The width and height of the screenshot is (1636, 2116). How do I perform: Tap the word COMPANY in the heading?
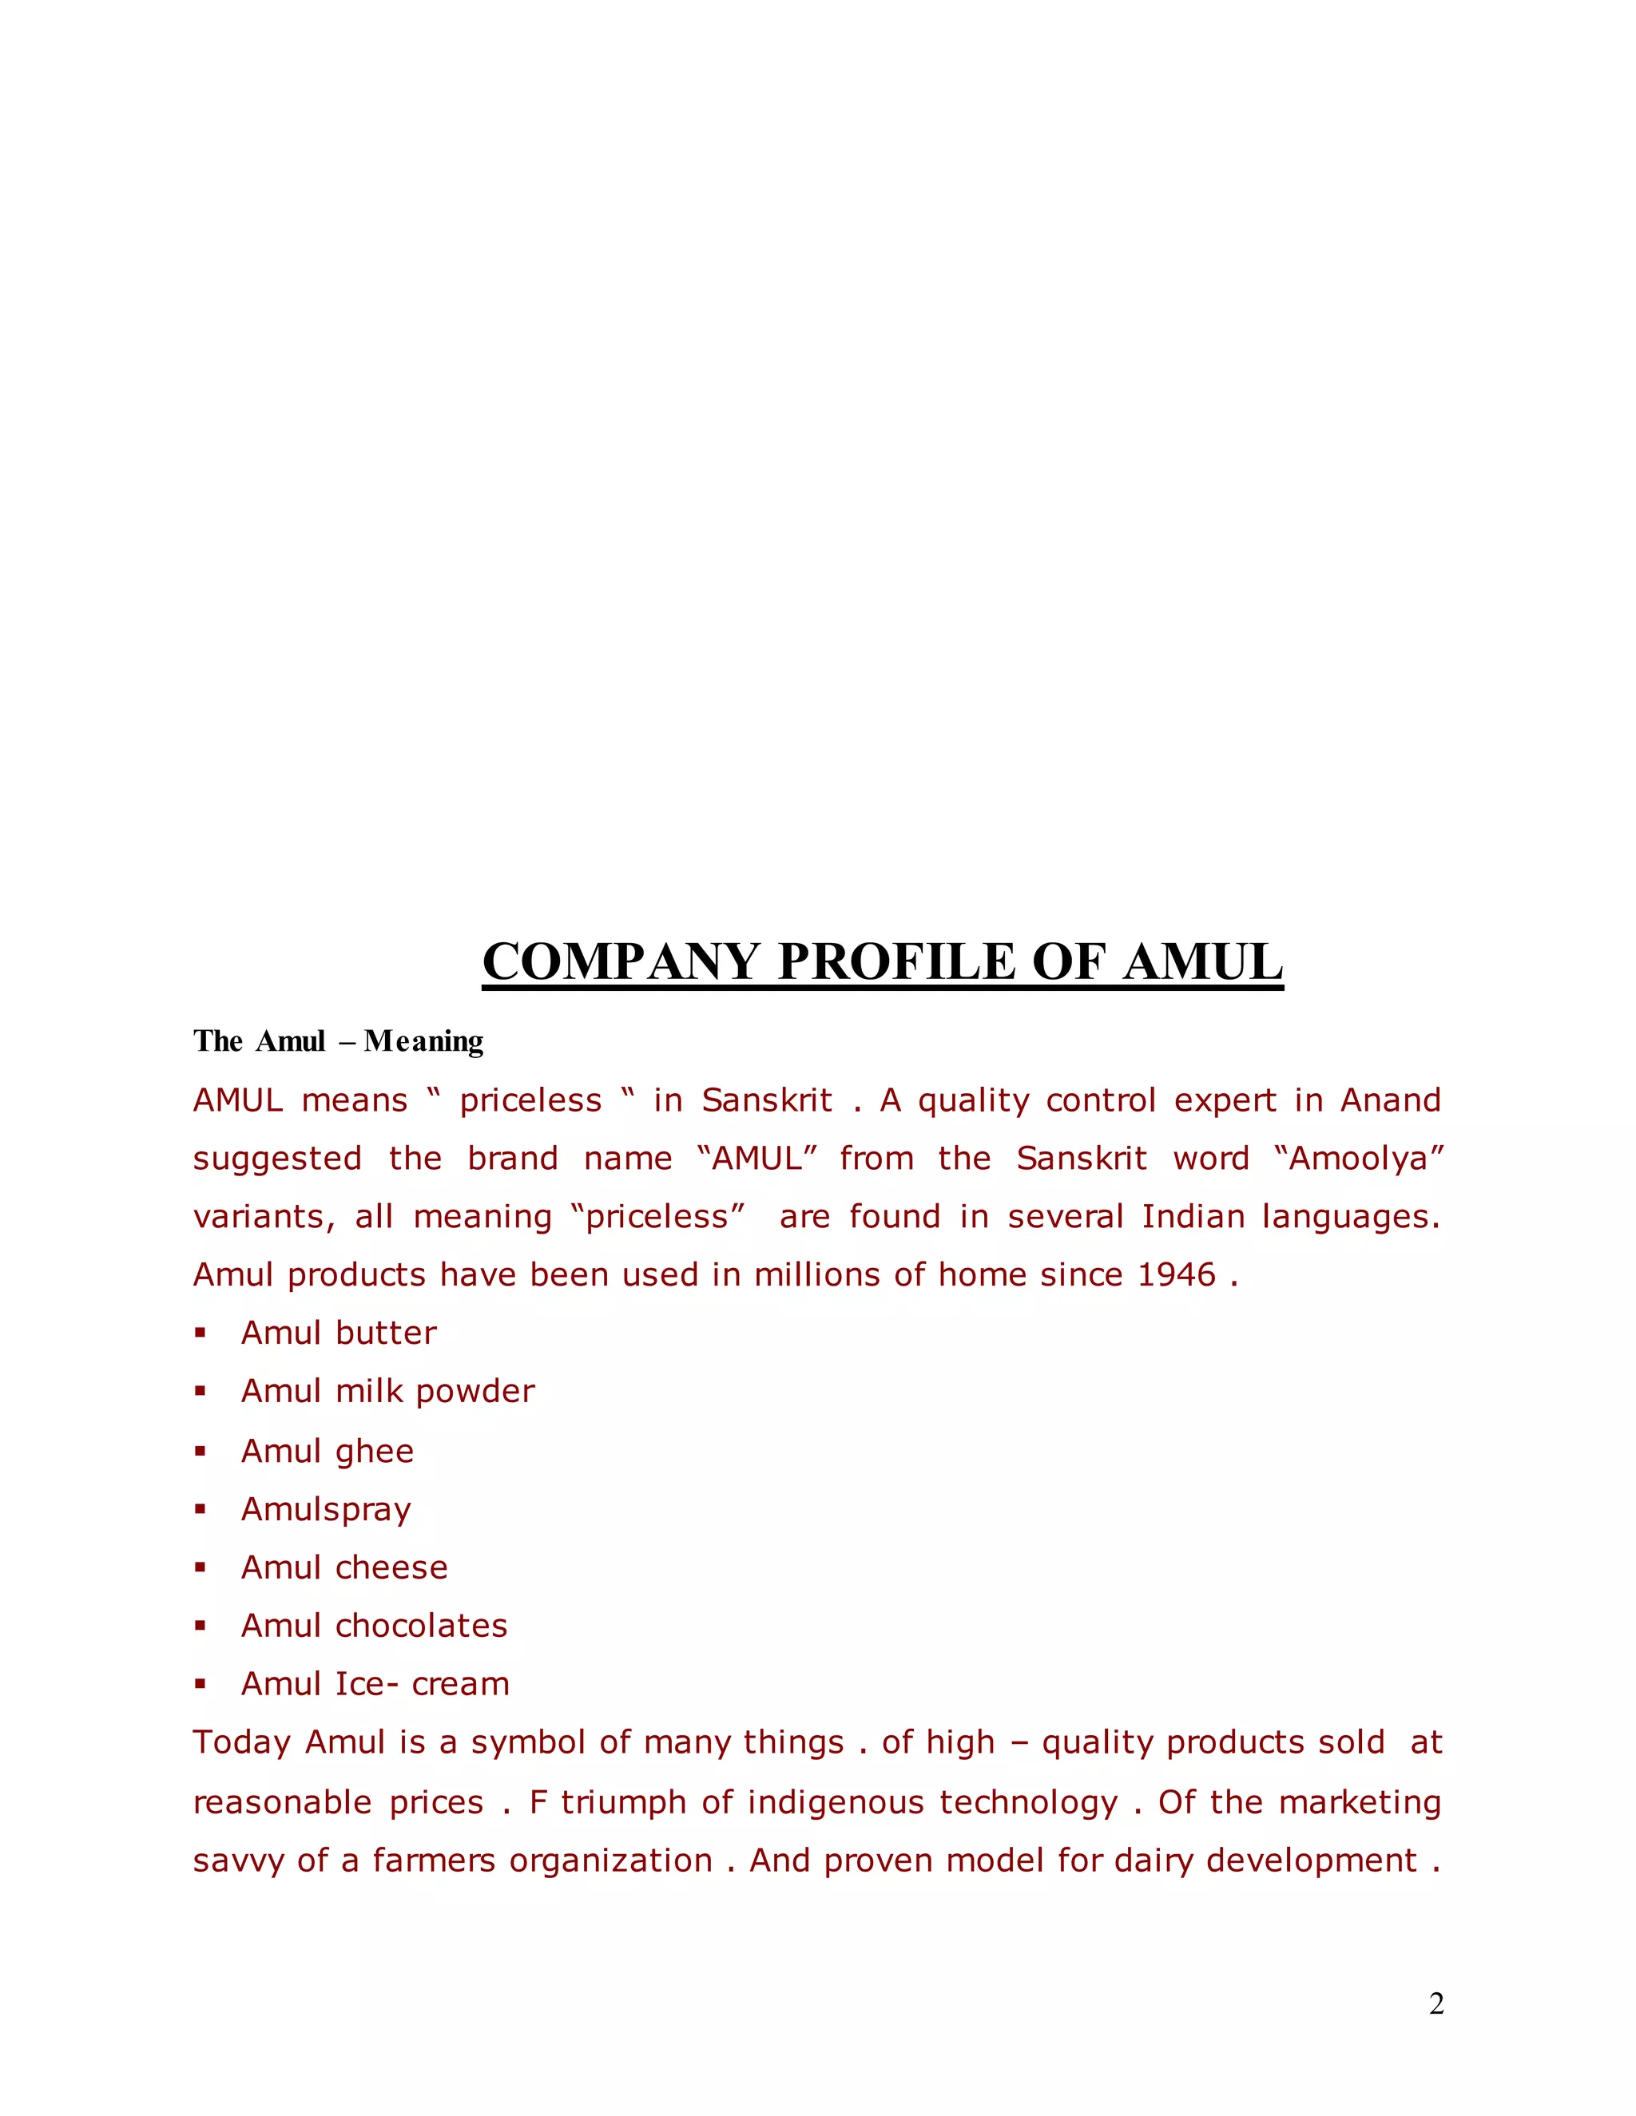[x=620, y=962]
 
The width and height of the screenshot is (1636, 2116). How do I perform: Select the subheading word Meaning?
[x=423, y=1041]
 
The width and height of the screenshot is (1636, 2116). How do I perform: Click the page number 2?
[x=1436, y=2003]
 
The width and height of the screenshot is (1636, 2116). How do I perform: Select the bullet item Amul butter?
[x=338, y=1333]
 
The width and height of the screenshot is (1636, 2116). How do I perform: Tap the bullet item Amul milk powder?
[x=387, y=1391]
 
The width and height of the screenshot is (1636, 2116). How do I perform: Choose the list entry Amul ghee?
[x=327, y=1452]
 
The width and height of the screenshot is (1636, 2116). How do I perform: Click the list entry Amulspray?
[x=326, y=1509]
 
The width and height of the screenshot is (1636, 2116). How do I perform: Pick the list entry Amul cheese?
[x=344, y=1567]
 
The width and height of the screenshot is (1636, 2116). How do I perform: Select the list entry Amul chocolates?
[x=373, y=1626]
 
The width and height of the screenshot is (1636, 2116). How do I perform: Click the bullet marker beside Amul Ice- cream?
[x=201, y=1685]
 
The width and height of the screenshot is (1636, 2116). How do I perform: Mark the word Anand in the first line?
[x=1390, y=1100]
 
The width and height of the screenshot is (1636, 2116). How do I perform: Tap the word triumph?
[x=623, y=1802]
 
